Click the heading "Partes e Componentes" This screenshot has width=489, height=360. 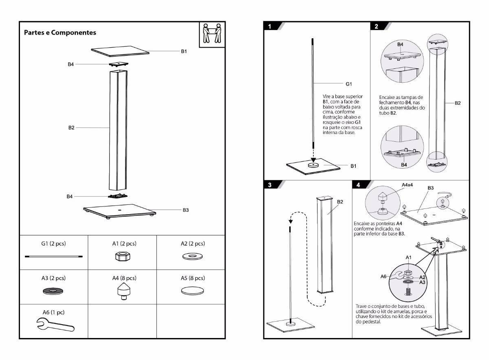[x=60, y=32]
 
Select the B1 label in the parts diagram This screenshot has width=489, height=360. [x=184, y=52]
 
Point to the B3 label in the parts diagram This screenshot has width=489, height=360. [x=185, y=210]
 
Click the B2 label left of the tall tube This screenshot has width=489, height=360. [x=71, y=127]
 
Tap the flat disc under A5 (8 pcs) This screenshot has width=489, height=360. [x=192, y=291]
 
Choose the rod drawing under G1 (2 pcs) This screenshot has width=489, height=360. [x=53, y=257]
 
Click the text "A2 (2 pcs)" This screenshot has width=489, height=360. [x=193, y=244]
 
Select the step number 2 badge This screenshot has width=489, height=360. [x=376, y=26]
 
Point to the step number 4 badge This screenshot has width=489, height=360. [x=358, y=184]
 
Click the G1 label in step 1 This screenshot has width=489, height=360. [x=348, y=84]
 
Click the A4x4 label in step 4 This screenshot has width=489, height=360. [x=407, y=185]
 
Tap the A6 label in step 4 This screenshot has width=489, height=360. [x=383, y=276]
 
